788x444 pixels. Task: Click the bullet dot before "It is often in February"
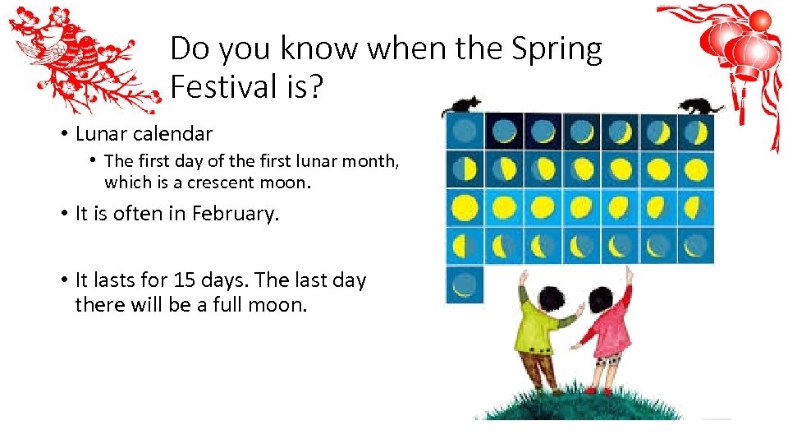click(x=63, y=214)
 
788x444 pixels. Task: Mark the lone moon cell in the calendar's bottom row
click(x=465, y=284)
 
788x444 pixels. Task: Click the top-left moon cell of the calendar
click(x=465, y=131)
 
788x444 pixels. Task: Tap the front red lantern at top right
click(x=754, y=53)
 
